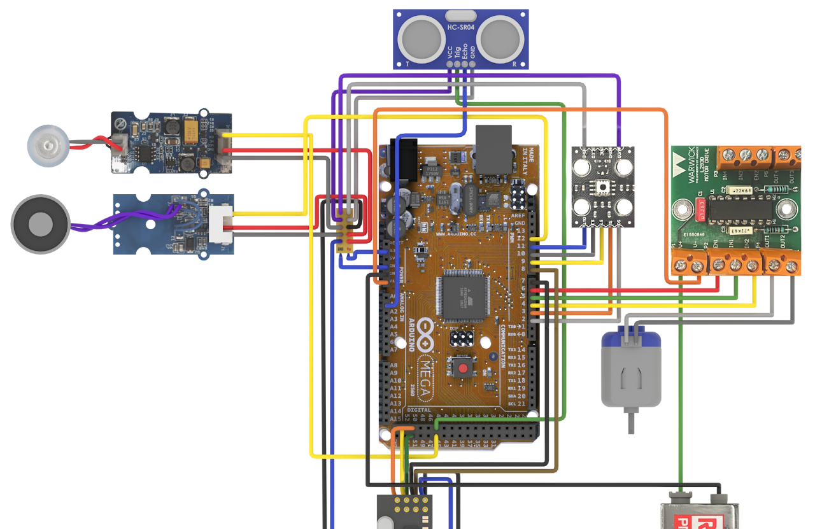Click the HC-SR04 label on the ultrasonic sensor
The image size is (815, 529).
click(x=461, y=27)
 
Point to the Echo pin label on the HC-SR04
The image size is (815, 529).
click(x=465, y=51)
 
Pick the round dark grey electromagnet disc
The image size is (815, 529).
click(x=41, y=224)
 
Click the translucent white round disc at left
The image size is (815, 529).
click(x=47, y=146)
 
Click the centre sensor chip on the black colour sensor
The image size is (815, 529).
click(x=602, y=187)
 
